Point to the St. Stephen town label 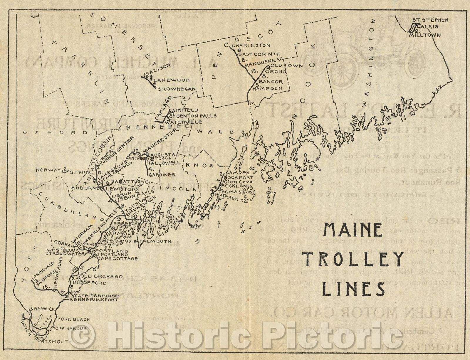point(430,20)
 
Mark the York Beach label point(73,319)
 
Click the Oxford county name point(56,132)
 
